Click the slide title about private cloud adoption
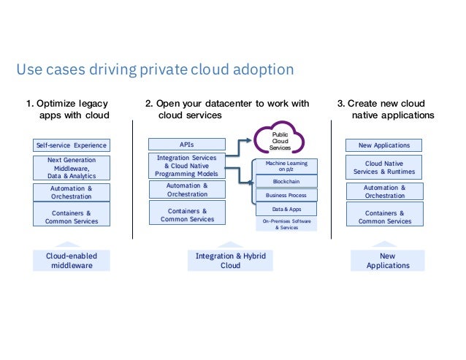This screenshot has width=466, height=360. pos(155,70)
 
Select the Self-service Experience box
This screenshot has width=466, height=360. pos(72,145)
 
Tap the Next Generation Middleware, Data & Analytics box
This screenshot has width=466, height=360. pos(72,168)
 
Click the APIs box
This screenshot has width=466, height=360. pos(186,145)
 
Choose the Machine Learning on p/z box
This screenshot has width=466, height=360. pos(286,166)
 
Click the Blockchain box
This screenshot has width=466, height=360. pos(286,180)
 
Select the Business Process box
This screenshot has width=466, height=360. pos(286,195)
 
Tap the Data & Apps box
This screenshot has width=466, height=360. pos(286,210)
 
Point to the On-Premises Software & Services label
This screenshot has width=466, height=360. pos(286,223)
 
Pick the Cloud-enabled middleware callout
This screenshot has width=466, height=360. pos(72,261)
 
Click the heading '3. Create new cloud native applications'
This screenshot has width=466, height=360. pos(386,110)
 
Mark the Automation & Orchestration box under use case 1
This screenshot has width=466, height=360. pos(72,192)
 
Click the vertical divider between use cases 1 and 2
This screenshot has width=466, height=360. pos(132,179)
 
